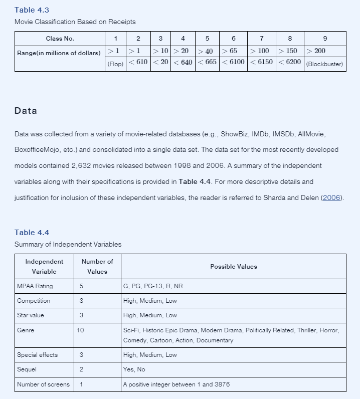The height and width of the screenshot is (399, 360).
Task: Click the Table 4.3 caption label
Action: tap(32, 10)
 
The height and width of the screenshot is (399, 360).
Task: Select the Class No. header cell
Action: tap(60, 39)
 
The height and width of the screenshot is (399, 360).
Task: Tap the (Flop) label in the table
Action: tap(115, 65)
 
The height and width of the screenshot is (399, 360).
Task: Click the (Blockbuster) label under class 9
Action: tap(324, 65)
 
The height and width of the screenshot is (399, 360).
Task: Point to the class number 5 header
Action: tap(207, 39)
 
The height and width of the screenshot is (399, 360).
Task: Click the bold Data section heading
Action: tap(26, 111)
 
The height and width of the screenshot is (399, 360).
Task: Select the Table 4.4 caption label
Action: tap(32, 233)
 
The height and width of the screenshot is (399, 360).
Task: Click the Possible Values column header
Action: tap(233, 267)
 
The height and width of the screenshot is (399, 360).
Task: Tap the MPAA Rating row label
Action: tap(35, 286)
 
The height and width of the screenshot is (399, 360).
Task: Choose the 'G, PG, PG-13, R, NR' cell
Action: tap(153, 286)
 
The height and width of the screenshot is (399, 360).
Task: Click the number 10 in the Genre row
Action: tap(80, 330)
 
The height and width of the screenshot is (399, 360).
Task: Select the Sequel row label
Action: tap(27, 369)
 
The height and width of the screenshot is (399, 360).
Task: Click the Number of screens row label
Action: tap(43, 384)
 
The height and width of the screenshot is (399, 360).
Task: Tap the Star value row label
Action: tap(31, 315)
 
